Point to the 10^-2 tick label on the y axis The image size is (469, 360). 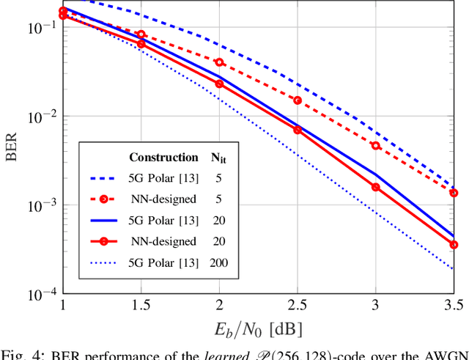click(40, 116)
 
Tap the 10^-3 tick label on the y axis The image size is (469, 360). click(40, 205)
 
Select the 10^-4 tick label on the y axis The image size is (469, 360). click(40, 295)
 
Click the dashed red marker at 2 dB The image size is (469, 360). click(219, 62)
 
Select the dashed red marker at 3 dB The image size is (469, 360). click(375, 146)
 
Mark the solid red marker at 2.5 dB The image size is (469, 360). click(298, 130)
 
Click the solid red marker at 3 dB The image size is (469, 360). click(375, 187)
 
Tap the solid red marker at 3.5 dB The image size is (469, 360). click(454, 245)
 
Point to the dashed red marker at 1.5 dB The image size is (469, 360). click(141, 34)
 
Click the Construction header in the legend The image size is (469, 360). click(163, 157)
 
